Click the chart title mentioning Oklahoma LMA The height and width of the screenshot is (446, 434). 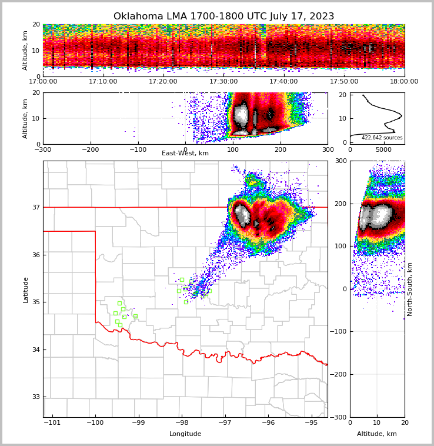[223, 16]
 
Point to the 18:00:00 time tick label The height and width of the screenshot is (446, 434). [404, 82]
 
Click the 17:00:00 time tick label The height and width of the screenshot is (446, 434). [43, 82]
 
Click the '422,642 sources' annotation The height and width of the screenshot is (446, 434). [382, 138]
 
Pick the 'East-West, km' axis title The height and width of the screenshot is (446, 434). [185, 154]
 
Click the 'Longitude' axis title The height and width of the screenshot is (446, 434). [185, 434]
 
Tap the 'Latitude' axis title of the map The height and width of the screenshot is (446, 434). [25, 289]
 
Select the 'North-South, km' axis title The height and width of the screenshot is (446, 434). [410, 289]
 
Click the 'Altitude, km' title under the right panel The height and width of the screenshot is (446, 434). [377, 434]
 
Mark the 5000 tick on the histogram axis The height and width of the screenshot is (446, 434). [383, 150]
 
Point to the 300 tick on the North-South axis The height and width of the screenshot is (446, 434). [341, 161]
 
